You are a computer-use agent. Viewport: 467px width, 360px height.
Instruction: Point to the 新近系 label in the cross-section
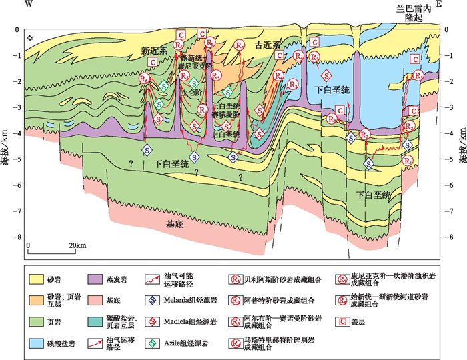[153, 50]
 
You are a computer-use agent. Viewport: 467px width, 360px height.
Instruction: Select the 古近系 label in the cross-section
[267, 45]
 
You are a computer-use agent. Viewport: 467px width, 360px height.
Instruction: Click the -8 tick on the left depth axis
[19, 237]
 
